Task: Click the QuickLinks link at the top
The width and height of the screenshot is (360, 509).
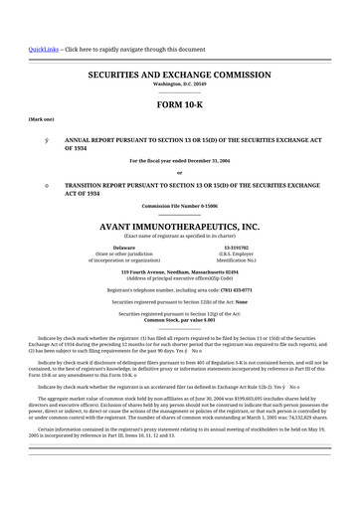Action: (44, 49)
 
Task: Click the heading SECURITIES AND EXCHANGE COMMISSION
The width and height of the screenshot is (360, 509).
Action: (180, 75)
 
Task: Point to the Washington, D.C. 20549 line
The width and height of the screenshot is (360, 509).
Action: (180, 85)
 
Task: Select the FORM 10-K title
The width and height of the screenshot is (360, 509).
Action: (180, 104)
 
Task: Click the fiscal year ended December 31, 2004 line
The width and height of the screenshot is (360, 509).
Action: (180, 161)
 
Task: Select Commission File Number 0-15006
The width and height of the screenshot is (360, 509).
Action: (180, 206)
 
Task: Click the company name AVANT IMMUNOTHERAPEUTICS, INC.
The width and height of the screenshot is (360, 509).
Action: (180, 227)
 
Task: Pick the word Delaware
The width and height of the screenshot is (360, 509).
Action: (124, 247)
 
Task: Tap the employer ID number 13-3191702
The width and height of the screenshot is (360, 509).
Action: (237, 247)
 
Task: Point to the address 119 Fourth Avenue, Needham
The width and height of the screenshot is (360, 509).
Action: (180, 271)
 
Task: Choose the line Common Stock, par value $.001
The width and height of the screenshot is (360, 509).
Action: (180, 320)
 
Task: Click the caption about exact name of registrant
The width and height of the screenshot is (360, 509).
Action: (180, 235)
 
